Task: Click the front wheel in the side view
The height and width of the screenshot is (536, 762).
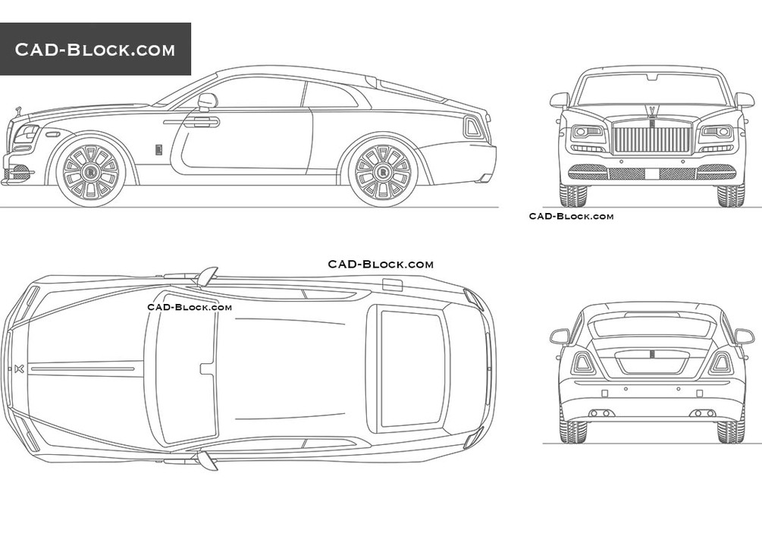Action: [90, 171]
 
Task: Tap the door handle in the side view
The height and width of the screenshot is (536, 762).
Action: [201, 121]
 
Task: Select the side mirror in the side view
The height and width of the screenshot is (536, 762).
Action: [206, 100]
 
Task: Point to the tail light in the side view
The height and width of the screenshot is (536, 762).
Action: [472, 127]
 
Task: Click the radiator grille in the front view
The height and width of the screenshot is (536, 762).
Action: [651, 139]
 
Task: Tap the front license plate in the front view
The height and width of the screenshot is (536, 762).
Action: [651, 174]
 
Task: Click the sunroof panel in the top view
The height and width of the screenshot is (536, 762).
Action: [410, 368]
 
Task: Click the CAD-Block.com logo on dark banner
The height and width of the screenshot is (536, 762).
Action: [95, 50]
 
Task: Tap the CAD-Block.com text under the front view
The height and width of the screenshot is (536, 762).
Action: [571, 217]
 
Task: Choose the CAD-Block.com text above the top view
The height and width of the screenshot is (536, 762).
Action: [381, 265]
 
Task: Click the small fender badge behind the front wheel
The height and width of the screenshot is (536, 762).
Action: [159, 149]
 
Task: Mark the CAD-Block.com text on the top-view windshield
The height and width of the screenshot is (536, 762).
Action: [190, 307]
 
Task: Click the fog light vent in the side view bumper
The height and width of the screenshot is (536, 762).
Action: [20, 173]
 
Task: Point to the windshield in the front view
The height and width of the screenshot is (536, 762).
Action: [651, 89]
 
